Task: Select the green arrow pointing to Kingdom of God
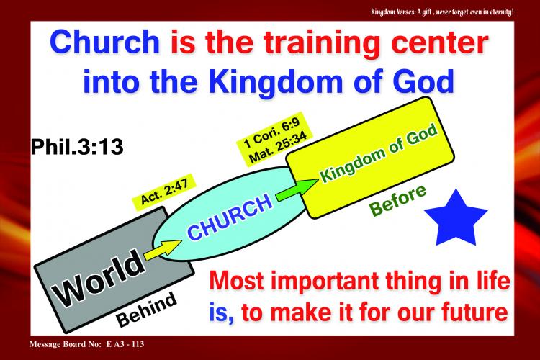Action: pos(297,190)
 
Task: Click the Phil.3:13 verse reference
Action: pos(77,146)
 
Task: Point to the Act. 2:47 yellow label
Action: pos(164,192)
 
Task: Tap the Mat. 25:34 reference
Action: pos(278,148)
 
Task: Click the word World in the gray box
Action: pos(99,279)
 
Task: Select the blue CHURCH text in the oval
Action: pos(230,216)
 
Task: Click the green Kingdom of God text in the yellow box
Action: pos(379,152)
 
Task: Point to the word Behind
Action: pos(147,310)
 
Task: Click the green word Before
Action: pos(397,200)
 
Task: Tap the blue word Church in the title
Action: pos(104,41)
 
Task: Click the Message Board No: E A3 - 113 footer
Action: pos(87,344)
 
